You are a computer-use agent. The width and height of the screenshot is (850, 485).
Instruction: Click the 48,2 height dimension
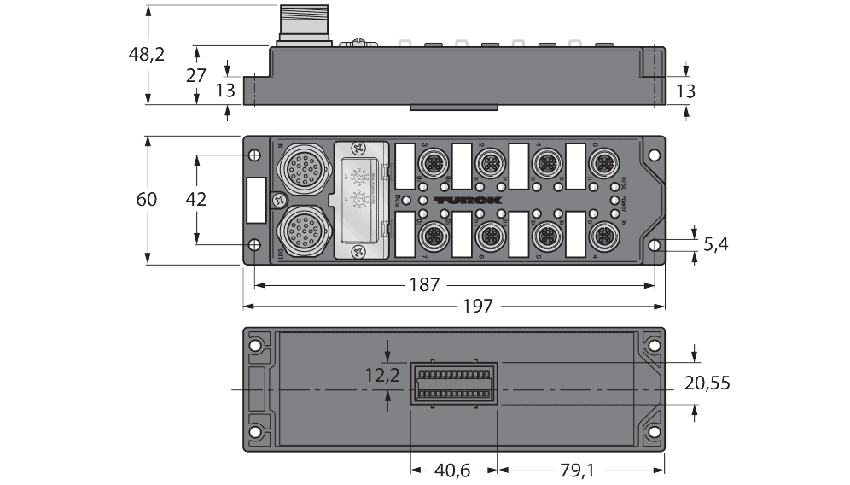click(147, 54)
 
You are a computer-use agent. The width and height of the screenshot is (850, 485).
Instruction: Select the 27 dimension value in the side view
click(196, 75)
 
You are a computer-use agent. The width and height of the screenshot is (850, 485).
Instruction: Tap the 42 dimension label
click(196, 200)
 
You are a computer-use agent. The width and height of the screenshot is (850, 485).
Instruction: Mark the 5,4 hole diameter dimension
click(716, 245)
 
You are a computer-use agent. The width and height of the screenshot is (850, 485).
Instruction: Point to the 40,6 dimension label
click(454, 469)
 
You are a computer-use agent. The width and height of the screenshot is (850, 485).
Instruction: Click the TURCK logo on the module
click(467, 200)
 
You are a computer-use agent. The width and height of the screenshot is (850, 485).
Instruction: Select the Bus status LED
click(406, 200)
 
